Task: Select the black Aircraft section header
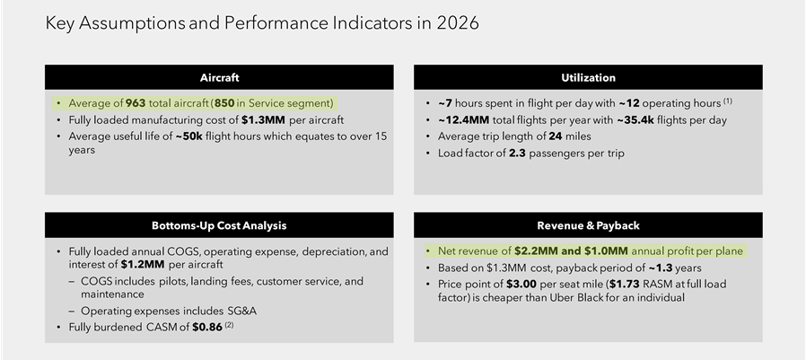click(220, 77)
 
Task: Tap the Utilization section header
click(588, 77)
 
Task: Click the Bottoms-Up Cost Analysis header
click(220, 225)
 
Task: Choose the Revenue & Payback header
click(588, 225)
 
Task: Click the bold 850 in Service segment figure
click(224, 103)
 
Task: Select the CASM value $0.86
click(206, 328)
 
